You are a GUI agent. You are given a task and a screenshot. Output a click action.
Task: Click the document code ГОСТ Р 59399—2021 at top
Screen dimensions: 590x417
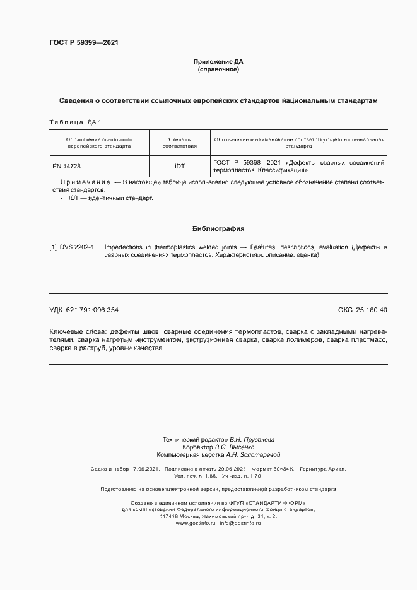point(83,43)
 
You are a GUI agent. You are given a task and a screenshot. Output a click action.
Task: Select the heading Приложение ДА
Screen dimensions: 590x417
point(218,61)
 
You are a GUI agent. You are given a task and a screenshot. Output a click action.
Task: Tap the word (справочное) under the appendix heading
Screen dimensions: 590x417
point(218,69)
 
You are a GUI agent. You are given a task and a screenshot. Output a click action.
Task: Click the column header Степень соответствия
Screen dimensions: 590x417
point(180,142)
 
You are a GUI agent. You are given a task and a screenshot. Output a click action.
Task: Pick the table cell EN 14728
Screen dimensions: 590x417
point(66,166)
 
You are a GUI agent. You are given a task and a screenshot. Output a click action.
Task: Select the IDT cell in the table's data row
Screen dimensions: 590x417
point(180,166)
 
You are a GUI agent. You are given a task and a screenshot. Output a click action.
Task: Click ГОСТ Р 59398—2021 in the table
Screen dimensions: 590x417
point(247,162)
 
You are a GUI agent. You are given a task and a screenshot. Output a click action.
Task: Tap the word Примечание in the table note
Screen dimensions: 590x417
point(85,182)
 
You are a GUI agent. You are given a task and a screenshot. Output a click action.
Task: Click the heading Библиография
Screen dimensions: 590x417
point(218,228)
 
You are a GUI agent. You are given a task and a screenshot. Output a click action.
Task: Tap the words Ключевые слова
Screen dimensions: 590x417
point(77,331)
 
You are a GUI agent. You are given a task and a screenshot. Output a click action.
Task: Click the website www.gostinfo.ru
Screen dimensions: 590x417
point(196,524)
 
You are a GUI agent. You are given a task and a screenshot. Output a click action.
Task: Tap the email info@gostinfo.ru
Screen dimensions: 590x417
point(240,524)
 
